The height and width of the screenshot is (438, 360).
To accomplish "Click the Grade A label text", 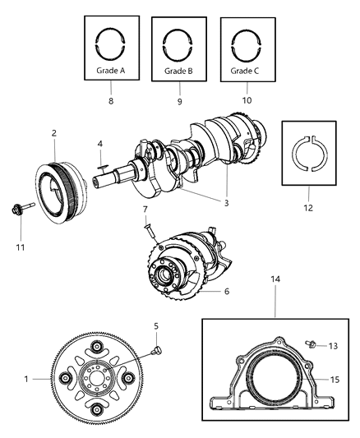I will pos(110,71).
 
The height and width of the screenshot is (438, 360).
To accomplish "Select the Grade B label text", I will pos(178,71).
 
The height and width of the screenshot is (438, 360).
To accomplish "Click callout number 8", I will pos(111,101).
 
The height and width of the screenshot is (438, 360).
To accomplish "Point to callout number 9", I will pos(179,101).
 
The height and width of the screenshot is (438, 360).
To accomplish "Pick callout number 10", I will pos(247,101).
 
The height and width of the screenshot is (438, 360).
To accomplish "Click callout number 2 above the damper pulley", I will pos(53,132).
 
